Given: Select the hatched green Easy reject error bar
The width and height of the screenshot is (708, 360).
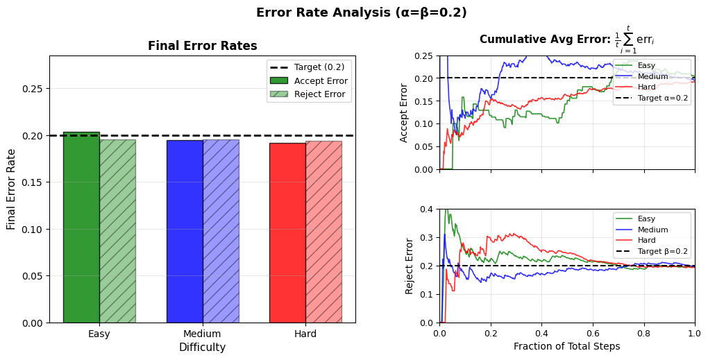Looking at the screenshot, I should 117,231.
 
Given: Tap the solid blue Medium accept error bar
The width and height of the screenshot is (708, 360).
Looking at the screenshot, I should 185,231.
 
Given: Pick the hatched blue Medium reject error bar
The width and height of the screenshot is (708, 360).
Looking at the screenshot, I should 221,231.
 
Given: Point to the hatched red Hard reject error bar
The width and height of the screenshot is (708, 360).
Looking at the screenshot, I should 323,232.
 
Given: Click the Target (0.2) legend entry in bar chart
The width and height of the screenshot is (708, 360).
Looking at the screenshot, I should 309,67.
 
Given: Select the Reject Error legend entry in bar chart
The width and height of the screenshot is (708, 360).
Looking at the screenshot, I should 309,94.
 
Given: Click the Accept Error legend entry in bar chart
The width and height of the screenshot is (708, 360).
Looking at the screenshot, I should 309,81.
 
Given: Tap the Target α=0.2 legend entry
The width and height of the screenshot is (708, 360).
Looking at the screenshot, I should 651,98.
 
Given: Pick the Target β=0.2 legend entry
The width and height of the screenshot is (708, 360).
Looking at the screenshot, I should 651,251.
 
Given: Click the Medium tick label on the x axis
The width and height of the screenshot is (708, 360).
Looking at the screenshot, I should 202,334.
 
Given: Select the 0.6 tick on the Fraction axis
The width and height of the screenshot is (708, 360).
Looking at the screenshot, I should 593,334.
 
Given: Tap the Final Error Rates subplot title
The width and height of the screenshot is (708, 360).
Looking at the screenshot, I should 202,46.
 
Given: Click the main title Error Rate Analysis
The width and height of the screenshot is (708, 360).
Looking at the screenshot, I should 361,12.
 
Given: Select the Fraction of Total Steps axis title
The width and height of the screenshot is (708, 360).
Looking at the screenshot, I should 566,346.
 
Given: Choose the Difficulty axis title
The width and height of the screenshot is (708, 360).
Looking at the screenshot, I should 202,347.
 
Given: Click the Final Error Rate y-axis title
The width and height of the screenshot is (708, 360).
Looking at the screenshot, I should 11,189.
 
